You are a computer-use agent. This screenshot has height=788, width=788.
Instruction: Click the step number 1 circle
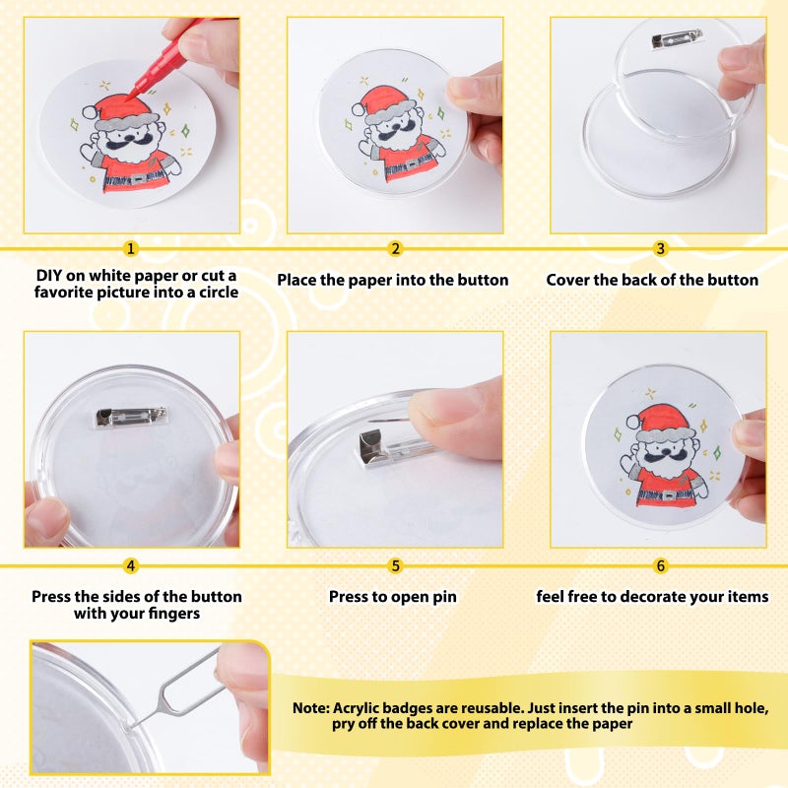[x=131, y=249]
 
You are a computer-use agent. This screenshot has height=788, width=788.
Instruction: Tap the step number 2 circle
[x=395, y=249]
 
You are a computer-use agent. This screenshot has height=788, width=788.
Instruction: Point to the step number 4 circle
[x=131, y=565]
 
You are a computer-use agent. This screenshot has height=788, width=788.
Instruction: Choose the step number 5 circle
[x=395, y=565]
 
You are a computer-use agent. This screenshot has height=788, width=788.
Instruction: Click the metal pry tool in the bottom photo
[x=177, y=686]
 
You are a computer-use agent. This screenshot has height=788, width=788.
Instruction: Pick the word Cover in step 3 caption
[x=569, y=280]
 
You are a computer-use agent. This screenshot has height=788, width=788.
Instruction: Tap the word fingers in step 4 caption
[x=173, y=614]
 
